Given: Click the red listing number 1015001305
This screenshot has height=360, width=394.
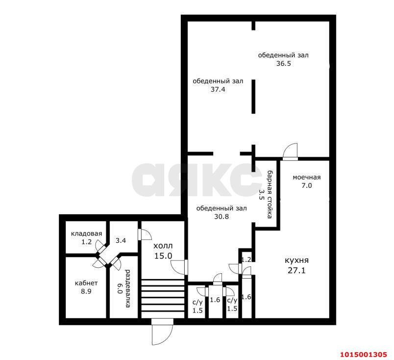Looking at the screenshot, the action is [363, 355].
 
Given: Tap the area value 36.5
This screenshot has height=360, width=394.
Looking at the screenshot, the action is [283, 63].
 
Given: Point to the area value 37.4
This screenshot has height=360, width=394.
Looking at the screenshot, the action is [218, 89].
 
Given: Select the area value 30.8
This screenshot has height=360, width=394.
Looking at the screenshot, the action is [222, 216].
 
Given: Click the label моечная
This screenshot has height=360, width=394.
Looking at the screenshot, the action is [307, 178].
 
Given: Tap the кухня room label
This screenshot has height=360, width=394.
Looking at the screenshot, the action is [296, 260].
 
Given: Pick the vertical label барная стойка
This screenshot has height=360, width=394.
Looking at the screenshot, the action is [270, 194].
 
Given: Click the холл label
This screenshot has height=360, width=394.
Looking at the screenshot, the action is [163, 246].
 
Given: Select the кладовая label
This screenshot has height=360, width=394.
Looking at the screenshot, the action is [86, 234].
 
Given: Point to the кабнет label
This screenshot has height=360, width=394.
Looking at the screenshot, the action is [86, 283].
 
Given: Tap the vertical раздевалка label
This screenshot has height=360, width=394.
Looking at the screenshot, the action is [128, 288].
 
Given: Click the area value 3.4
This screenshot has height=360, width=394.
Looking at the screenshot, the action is [121, 240].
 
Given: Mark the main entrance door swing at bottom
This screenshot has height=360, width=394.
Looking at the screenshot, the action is [162, 332].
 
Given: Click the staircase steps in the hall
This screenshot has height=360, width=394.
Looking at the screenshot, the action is [163, 299].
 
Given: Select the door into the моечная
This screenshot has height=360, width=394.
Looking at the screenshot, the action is [290, 152].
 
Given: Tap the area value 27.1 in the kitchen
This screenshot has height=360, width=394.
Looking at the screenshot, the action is [296, 271].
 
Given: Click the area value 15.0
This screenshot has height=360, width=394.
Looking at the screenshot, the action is [163, 256].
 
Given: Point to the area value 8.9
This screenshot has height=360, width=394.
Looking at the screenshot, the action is [86, 291].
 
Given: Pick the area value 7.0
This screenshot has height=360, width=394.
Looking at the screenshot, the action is [307, 186].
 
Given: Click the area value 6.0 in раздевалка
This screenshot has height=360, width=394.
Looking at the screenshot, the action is [120, 288].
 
